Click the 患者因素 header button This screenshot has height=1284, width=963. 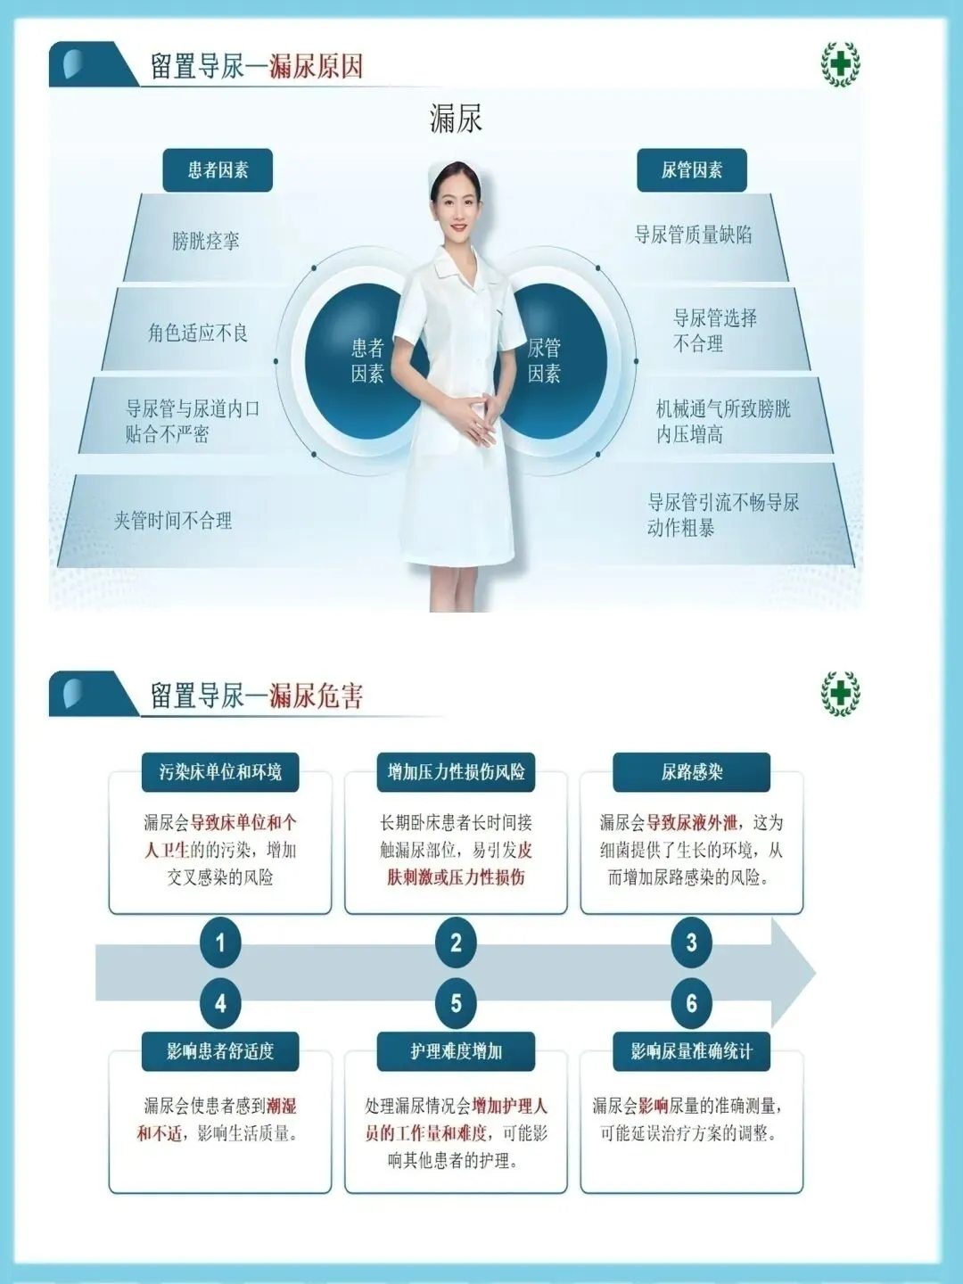(x=218, y=170)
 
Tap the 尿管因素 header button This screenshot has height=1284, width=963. (x=691, y=170)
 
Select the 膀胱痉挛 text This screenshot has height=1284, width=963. (x=206, y=241)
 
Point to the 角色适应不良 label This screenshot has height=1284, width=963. (x=198, y=333)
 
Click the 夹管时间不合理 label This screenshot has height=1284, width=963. (x=173, y=521)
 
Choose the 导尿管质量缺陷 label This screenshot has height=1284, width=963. (x=693, y=235)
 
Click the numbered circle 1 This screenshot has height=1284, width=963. (x=220, y=942)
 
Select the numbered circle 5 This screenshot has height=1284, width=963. (x=456, y=1003)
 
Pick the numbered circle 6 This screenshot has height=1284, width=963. (x=691, y=1003)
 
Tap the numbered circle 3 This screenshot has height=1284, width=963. (x=691, y=942)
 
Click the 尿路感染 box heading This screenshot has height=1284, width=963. (x=691, y=772)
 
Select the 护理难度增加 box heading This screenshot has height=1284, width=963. (x=456, y=1051)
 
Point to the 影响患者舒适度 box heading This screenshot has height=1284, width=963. (x=220, y=1051)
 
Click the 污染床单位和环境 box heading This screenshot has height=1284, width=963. (x=220, y=772)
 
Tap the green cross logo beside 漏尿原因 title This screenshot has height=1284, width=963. (x=839, y=64)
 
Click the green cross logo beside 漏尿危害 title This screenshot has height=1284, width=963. (x=839, y=694)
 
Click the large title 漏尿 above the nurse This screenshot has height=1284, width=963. (x=456, y=119)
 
